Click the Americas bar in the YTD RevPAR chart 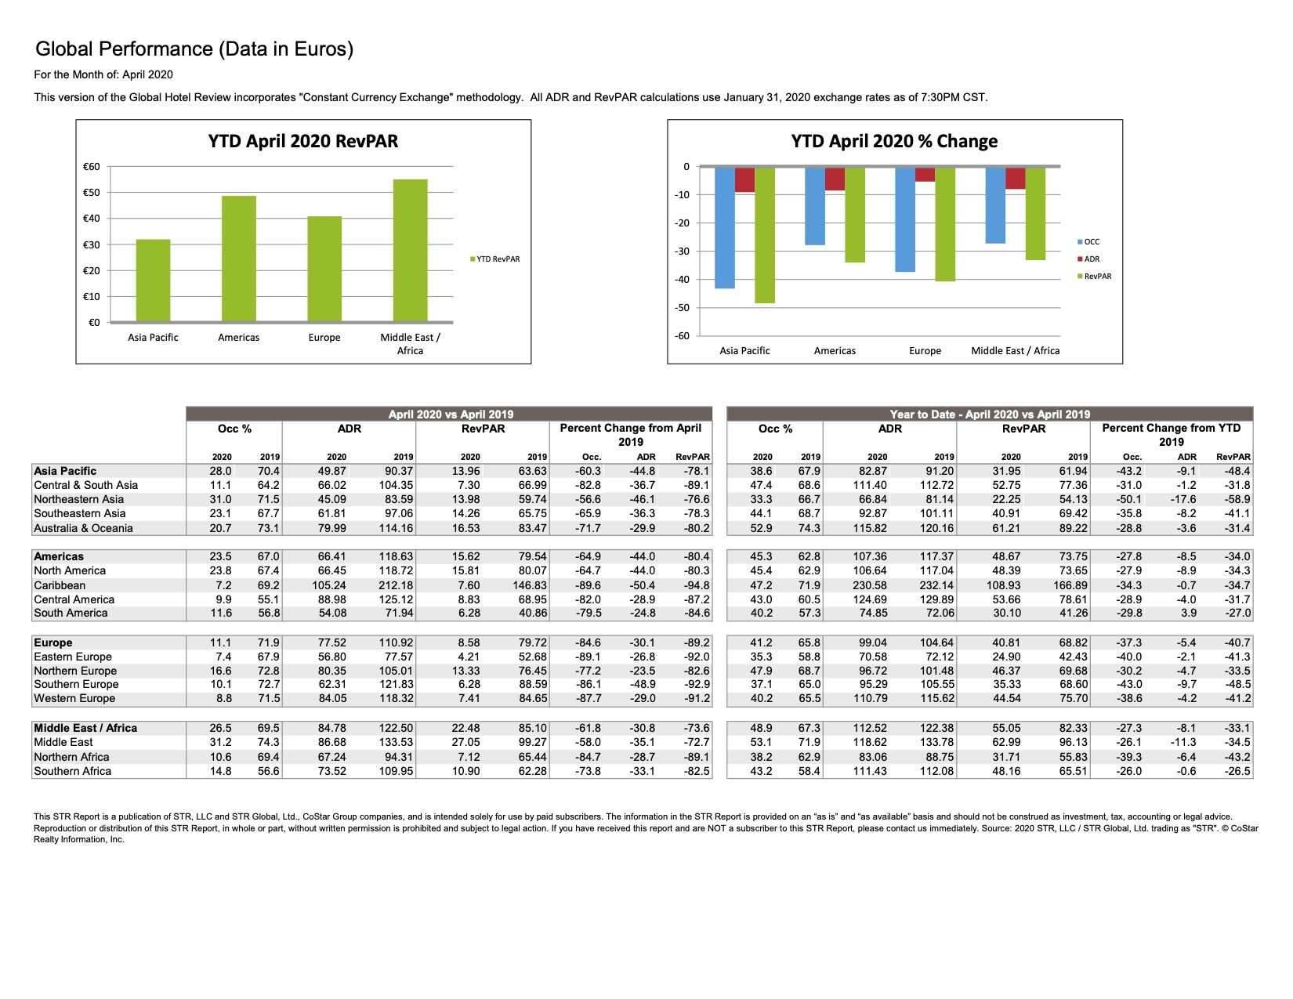(238, 259)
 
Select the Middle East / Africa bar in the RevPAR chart (410, 250)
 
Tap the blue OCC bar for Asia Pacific (724, 228)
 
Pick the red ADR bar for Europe (925, 174)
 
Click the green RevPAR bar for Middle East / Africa (1034, 214)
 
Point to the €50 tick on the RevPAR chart (92, 192)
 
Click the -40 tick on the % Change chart (682, 279)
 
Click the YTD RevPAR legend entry (494, 259)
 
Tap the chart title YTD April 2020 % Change (893, 141)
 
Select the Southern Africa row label (73, 770)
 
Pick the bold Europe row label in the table (53, 642)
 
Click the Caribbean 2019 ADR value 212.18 (396, 585)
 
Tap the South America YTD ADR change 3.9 (1188, 612)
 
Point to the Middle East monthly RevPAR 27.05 (465, 742)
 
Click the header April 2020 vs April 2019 (451, 414)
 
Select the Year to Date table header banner (990, 414)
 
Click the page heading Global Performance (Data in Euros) (194, 49)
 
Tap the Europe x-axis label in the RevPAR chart (324, 338)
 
